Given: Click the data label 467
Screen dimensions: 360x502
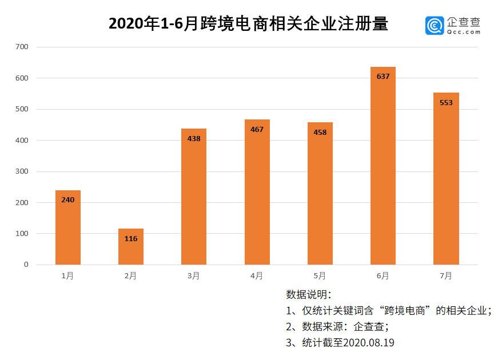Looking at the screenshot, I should (257, 129).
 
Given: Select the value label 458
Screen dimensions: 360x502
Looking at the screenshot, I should (320, 132).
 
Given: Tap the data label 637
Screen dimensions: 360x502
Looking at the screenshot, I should (383, 76).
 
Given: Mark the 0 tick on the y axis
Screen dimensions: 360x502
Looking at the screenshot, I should (26, 265).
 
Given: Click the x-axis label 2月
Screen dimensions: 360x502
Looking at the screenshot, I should (130, 276).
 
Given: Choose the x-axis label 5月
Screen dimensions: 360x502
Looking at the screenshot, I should (320, 276).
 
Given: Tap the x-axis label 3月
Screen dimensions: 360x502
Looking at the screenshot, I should (193, 276).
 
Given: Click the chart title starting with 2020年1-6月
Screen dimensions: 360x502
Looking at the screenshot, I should (248, 24).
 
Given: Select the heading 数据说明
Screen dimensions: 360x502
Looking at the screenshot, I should (308, 295).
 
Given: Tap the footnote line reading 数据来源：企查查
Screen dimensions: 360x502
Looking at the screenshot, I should (337, 327).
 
